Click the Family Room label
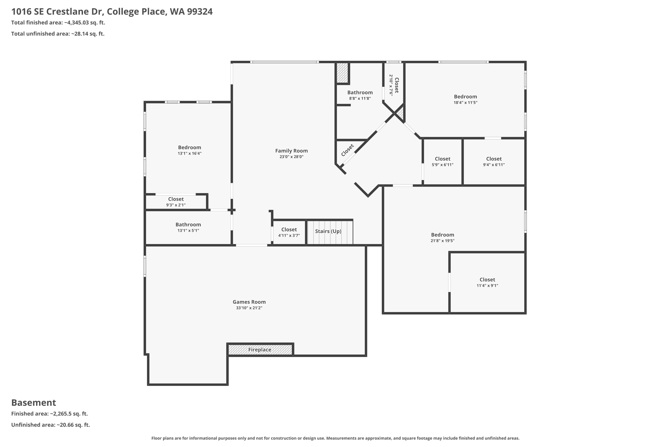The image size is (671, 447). coord(291,151)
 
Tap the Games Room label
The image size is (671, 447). coord(249,302)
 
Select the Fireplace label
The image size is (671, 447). coord(260,350)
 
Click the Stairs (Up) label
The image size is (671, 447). coord(328,231)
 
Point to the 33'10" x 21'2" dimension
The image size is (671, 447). coord(249,308)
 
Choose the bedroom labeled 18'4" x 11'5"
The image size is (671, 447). coord(465,99)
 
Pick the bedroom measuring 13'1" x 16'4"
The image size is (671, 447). coord(189,150)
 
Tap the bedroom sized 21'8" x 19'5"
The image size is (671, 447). coord(442,237)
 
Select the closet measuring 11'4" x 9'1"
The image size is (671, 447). coord(487,282)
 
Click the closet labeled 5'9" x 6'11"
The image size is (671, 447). coord(442,161)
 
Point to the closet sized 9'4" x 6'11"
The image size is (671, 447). coord(494,161)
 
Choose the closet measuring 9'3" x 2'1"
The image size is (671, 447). coord(176,202)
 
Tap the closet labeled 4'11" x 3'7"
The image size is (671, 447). coord(289,232)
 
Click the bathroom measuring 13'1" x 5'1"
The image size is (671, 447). coord(188,227)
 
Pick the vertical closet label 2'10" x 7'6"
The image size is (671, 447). coord(394,85)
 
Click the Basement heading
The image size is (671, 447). coord(34,403)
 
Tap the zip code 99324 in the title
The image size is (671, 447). coord(200,12)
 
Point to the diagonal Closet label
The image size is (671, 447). coord(348,150)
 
